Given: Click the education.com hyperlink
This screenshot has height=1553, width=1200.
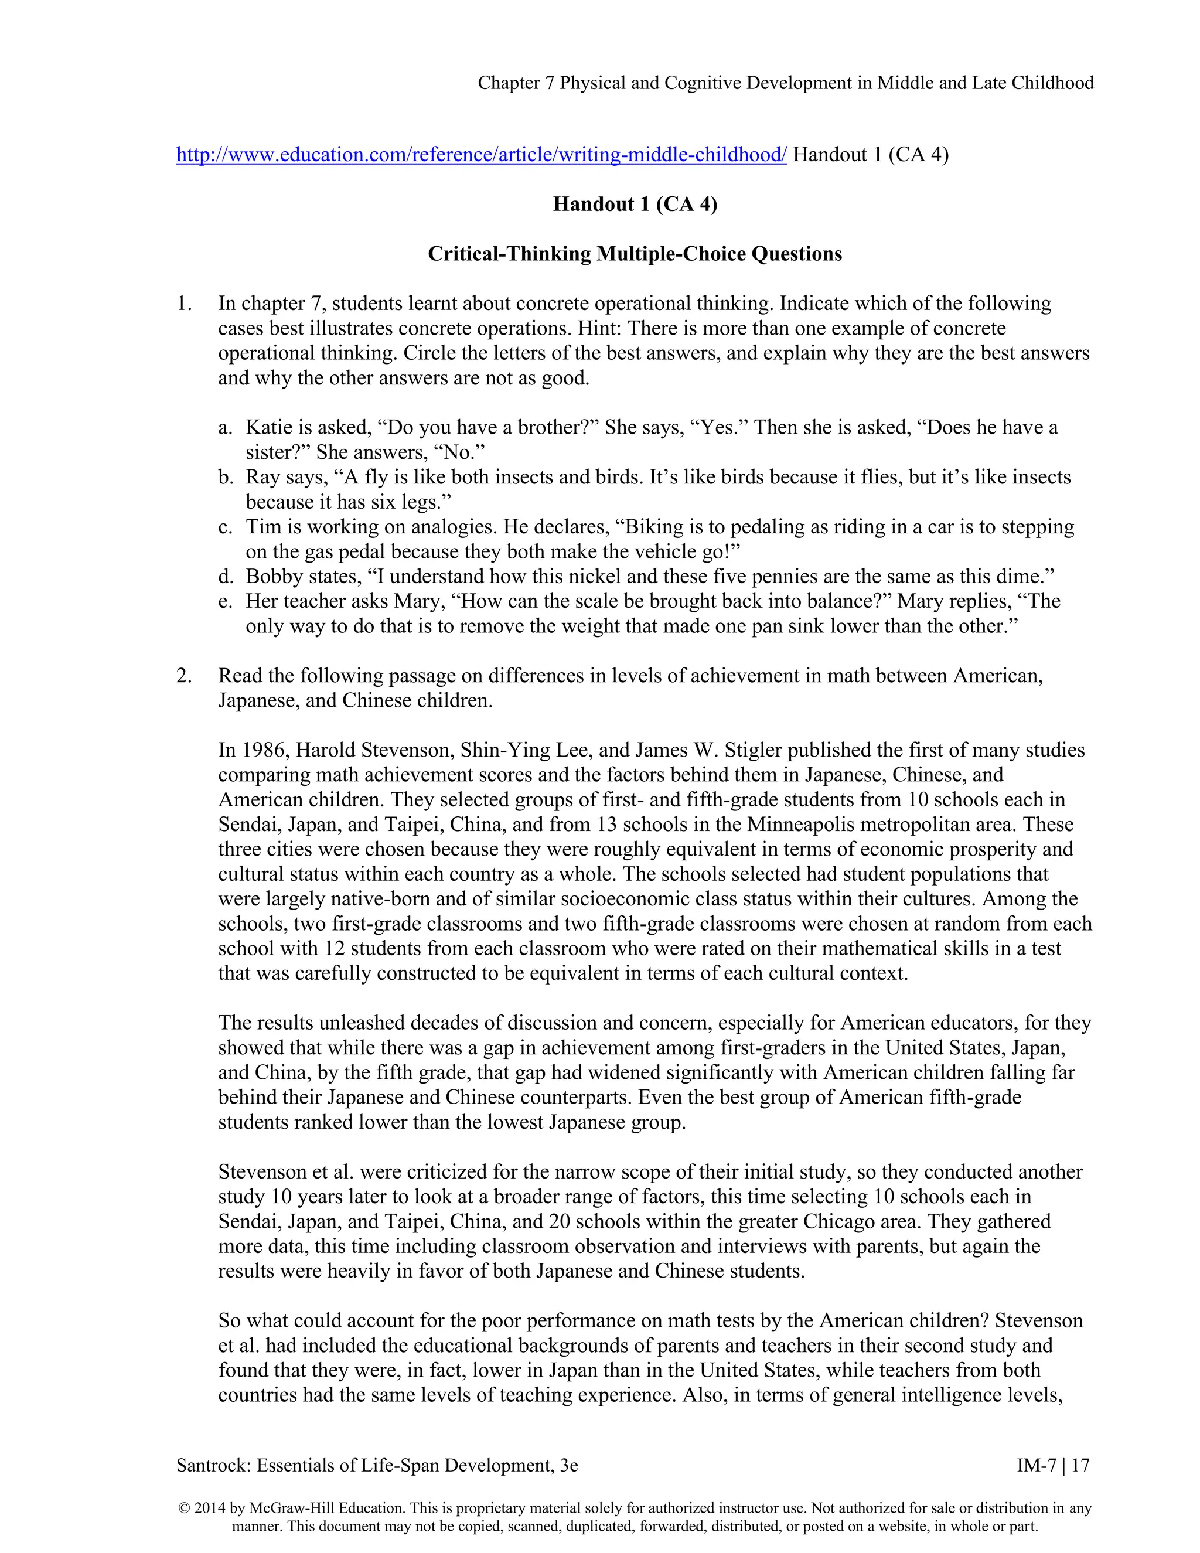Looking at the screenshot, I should coord(481,154).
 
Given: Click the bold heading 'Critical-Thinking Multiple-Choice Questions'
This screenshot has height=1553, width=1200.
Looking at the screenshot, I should coord(635,254).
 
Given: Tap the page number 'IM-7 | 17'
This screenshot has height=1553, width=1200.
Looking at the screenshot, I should coord(1053,1465).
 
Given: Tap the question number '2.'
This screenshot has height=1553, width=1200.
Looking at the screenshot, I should coord(184,676).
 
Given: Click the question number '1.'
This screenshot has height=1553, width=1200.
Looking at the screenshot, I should coord(184,304).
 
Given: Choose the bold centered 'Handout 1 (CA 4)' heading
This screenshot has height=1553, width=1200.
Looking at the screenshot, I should coord(635,205).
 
